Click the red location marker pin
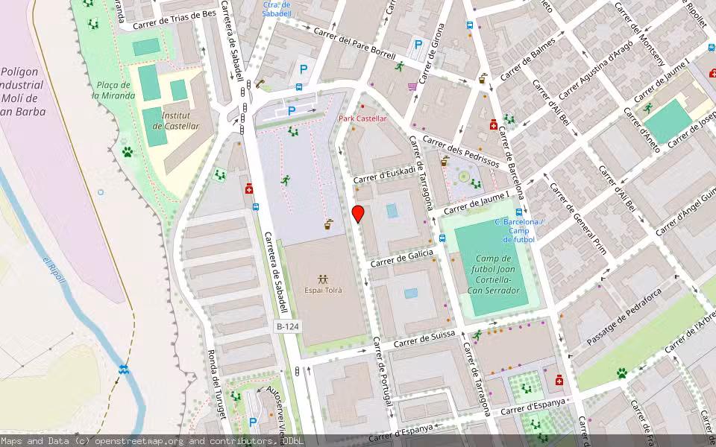358,214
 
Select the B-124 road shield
287,326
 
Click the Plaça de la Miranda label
113,90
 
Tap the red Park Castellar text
362,118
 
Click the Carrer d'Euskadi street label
384,174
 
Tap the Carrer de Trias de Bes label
175,19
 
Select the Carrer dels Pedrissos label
460,150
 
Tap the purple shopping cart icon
412,86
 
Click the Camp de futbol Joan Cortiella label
492,273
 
